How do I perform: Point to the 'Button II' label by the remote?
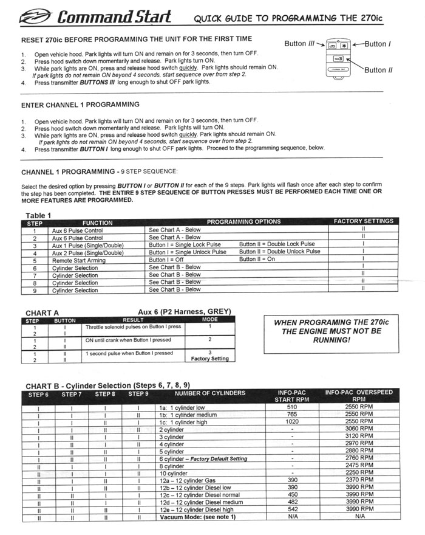pos(378,70)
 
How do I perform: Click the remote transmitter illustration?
pos(338,58)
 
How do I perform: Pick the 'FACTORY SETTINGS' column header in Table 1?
pos(363,221)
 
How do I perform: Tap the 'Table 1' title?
pos(38,215)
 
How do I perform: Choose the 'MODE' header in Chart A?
pos(210,320)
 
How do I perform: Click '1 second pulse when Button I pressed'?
pos(129,353)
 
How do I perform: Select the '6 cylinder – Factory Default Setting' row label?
pos(200,459)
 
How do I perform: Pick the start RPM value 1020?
pos(292,421)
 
